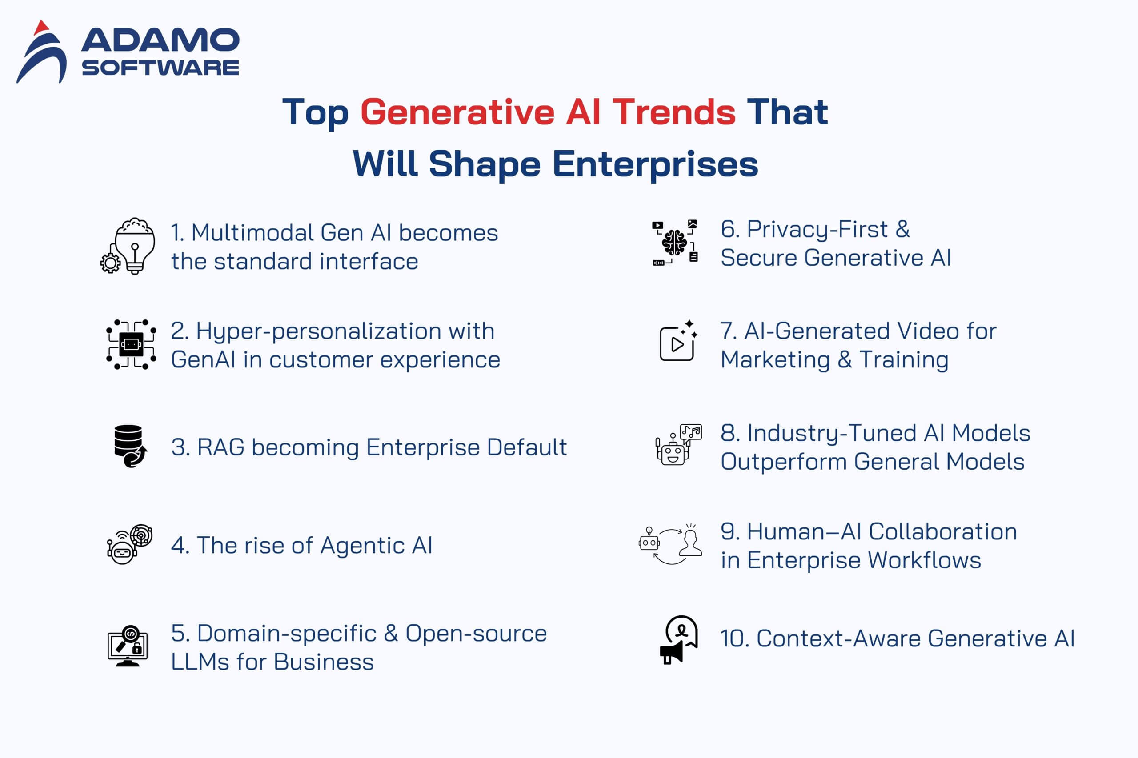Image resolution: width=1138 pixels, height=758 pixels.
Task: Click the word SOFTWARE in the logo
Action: (x=160, y=68)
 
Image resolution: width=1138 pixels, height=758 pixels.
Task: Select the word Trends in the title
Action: (x=674, y=112)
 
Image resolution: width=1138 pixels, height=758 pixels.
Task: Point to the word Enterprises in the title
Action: (x=655, y=164)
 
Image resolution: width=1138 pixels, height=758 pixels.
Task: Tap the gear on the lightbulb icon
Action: (x=110, y=263)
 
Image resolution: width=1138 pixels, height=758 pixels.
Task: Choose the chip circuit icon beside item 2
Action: (x=131, y=344)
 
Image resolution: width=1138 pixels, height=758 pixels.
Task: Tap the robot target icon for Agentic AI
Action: (x=129, y=544)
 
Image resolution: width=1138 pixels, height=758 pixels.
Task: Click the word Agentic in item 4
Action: (x=362, y=546)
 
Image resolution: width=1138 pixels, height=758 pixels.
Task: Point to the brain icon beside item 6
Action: (x=674, y=243)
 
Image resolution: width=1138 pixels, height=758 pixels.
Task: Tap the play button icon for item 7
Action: (x=677, y=344)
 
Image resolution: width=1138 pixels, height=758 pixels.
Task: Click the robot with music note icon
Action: (x=677, y=445)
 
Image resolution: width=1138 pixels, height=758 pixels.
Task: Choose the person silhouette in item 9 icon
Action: (x=691, y=544)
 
